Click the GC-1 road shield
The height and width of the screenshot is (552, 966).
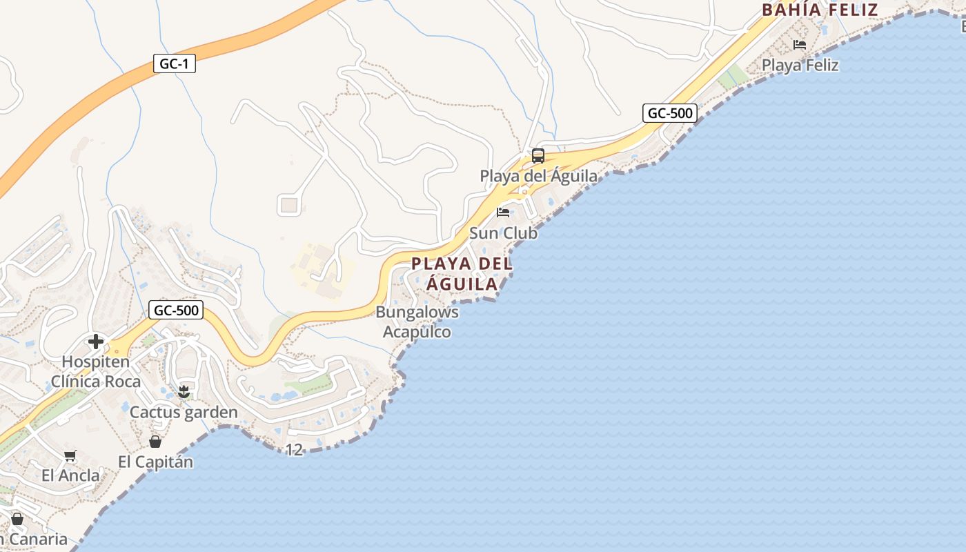(174, 64)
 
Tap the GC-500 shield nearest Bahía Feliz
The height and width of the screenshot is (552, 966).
(669, 113)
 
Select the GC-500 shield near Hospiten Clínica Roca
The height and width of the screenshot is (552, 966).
(176, 310)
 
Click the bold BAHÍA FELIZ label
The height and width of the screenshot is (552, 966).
(820, 10)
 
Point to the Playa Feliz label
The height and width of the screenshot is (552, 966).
(800, 66)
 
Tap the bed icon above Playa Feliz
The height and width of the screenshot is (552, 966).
(800, 45)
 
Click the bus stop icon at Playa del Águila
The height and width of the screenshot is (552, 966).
(538, 156)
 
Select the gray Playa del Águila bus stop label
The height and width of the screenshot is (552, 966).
(538, 176)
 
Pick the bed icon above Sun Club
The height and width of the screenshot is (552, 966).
(503, 212)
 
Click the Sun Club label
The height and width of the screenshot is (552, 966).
(503, 233)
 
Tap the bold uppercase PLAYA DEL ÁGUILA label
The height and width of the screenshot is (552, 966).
(462, 274)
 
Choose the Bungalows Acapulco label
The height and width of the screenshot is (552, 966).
(417, 322)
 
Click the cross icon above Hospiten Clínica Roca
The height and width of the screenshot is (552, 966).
(96, 342)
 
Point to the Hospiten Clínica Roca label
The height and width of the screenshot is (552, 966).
(95, 372)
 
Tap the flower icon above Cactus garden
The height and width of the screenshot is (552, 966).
(184, 392)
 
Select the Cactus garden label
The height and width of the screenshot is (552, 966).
(184, 413)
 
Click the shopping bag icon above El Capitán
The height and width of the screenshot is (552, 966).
(155, 442)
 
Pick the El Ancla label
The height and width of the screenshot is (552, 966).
(70, 475)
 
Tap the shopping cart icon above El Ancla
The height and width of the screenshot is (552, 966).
(70, 455)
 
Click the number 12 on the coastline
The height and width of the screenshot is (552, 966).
(294, 450)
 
